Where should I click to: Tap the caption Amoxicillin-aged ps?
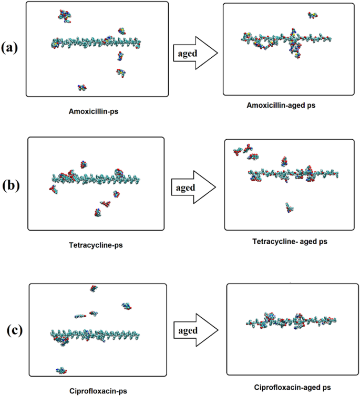tap(284, 106)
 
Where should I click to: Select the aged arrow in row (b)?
tap(193, 187)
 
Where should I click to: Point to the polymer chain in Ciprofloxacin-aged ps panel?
tap(291, 321)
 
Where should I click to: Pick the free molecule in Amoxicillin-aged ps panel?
tap(312, 15)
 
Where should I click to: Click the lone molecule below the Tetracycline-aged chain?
tap(289, 207)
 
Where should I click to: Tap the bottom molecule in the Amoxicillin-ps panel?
tap(81, 88)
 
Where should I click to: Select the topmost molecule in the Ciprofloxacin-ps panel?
tap(94, 288)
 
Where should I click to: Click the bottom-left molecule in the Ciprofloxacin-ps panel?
tap(61, 370)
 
